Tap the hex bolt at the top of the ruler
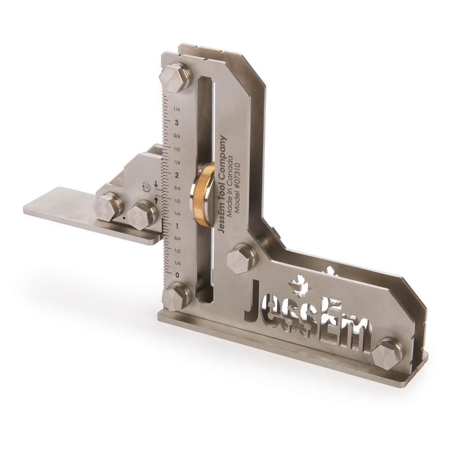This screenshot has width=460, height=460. [x=175, y=78]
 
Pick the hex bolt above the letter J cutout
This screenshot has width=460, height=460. [x=241, y=258]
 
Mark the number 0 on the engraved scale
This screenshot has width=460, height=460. [x=177, y=275]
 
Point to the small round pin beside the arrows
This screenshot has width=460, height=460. [x=146, y=187]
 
